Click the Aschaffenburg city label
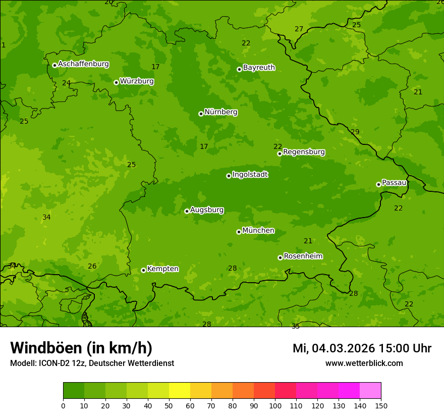(83, 64)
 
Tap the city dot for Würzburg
(116, 82)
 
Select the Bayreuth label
(259, 67)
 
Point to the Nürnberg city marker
(201, 114)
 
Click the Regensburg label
(304, 152)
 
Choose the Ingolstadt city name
(250, 175)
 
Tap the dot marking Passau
(378, 184)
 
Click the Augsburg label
(207, 210)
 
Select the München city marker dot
(239, 232)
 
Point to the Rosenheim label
(303, 256)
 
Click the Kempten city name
(162, 269)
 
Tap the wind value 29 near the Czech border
(355, 132)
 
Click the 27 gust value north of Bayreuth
(299, 29)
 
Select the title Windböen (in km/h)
(81, 348)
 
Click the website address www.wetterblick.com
(364, 363)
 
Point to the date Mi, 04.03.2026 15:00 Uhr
(362, 348)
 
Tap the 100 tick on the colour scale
(275, 405)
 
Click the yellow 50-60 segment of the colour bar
(180, 391)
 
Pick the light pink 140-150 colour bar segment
(370, 391)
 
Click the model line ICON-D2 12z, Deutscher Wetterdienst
(92, 363)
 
